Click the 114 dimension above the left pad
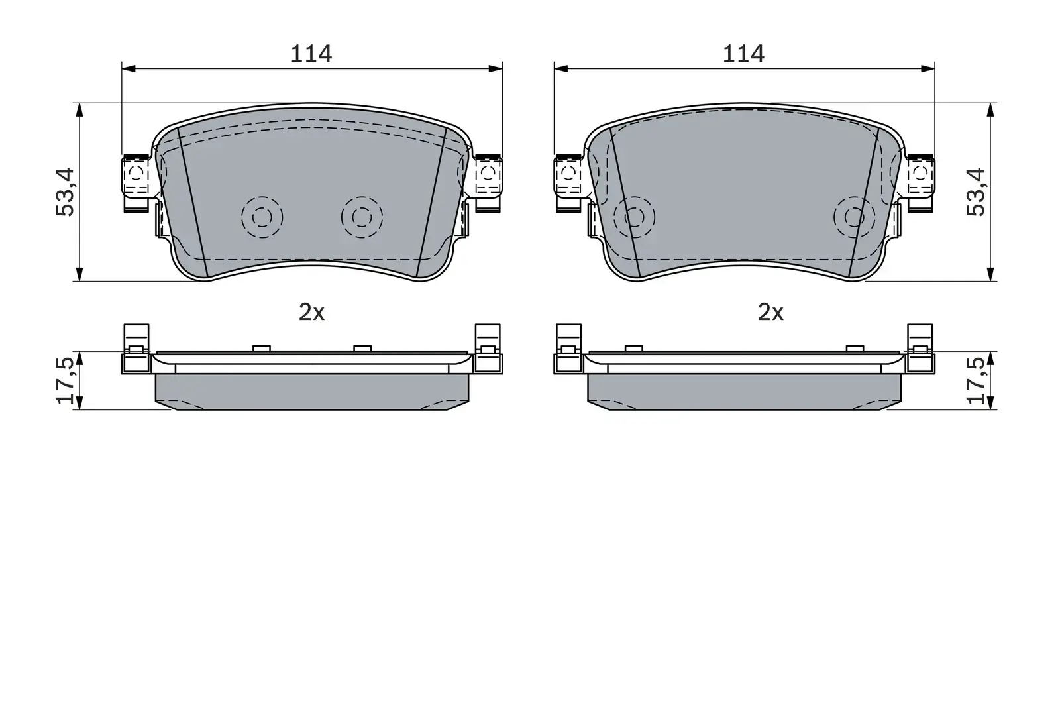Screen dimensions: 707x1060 [x=311, y=54]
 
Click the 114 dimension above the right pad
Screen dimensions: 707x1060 [x=743, y=54]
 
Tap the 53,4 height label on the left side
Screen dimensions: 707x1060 [x=67, y=191]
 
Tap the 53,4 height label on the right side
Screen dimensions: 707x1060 [x=976, y=191]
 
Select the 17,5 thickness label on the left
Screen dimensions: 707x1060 [x=67, y=380]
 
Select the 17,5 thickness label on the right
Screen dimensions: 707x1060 [x=976, y=380]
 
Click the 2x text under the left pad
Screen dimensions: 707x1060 [x=311, y=312]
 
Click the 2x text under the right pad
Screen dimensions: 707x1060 [x=770, y=312]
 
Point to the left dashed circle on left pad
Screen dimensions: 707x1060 [x=262, y=217]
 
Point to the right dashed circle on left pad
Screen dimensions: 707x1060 [x=362, y=217]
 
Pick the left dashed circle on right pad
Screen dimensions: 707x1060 [x=634, y=217]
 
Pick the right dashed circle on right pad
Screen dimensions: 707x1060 [x=854, y=217]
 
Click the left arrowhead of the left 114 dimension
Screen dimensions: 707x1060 [x=128, y=68]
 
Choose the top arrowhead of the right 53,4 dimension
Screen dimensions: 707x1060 [x=990, y=109]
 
